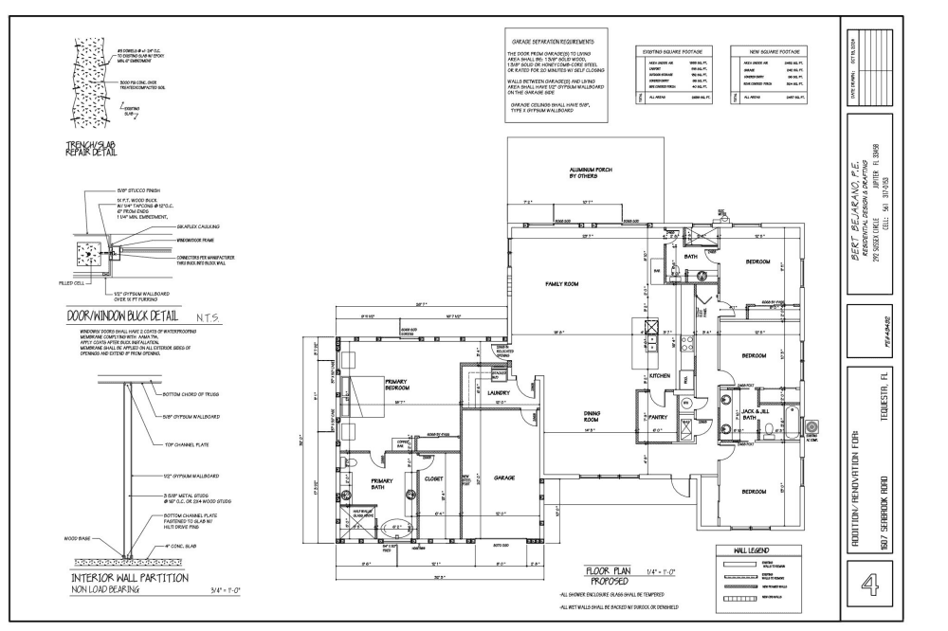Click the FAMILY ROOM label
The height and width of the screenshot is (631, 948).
click(561, 283)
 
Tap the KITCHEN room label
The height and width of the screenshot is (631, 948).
click(660, 376)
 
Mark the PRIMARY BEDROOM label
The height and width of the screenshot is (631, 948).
click(397, 385)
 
